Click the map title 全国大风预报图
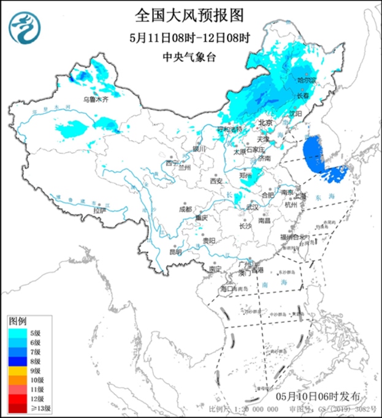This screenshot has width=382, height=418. pos(191,13)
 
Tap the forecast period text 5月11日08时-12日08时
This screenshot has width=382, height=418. pos(191,37)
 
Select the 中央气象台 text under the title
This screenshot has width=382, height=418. pos(190,57)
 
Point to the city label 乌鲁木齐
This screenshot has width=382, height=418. pos(95,99)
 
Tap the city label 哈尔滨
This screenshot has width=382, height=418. pos(306,80)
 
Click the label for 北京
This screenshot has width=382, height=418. pos(264,123)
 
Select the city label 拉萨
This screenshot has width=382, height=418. pos(99,211)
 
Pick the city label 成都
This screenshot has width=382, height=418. pos(186,208)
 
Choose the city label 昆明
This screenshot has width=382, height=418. pos(175,251)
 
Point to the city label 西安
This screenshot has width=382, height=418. pos(215,181)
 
